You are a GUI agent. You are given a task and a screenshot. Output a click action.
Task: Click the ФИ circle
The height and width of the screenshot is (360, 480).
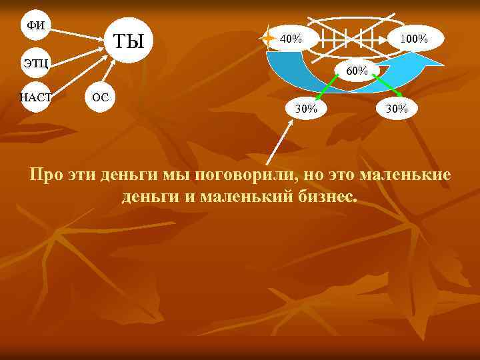click(x=35, y=25)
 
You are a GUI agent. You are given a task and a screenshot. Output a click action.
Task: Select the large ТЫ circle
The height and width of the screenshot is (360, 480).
click(x=129, y=41)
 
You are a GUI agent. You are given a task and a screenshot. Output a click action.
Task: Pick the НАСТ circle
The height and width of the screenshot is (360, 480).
click(x=35, y=97)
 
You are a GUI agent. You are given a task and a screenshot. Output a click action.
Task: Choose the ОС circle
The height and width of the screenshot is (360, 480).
click(x=100, y=97)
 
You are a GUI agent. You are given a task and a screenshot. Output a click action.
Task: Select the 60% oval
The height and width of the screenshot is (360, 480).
click(x=357, y=70)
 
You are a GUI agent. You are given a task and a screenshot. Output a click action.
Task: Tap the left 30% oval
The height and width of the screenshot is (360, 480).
click(x=306, y=108)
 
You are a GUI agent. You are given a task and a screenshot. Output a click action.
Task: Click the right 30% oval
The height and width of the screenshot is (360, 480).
click(x=397, y=108)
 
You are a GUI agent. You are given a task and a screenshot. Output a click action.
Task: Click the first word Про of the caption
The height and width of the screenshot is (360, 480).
click(x=47, y=175)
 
